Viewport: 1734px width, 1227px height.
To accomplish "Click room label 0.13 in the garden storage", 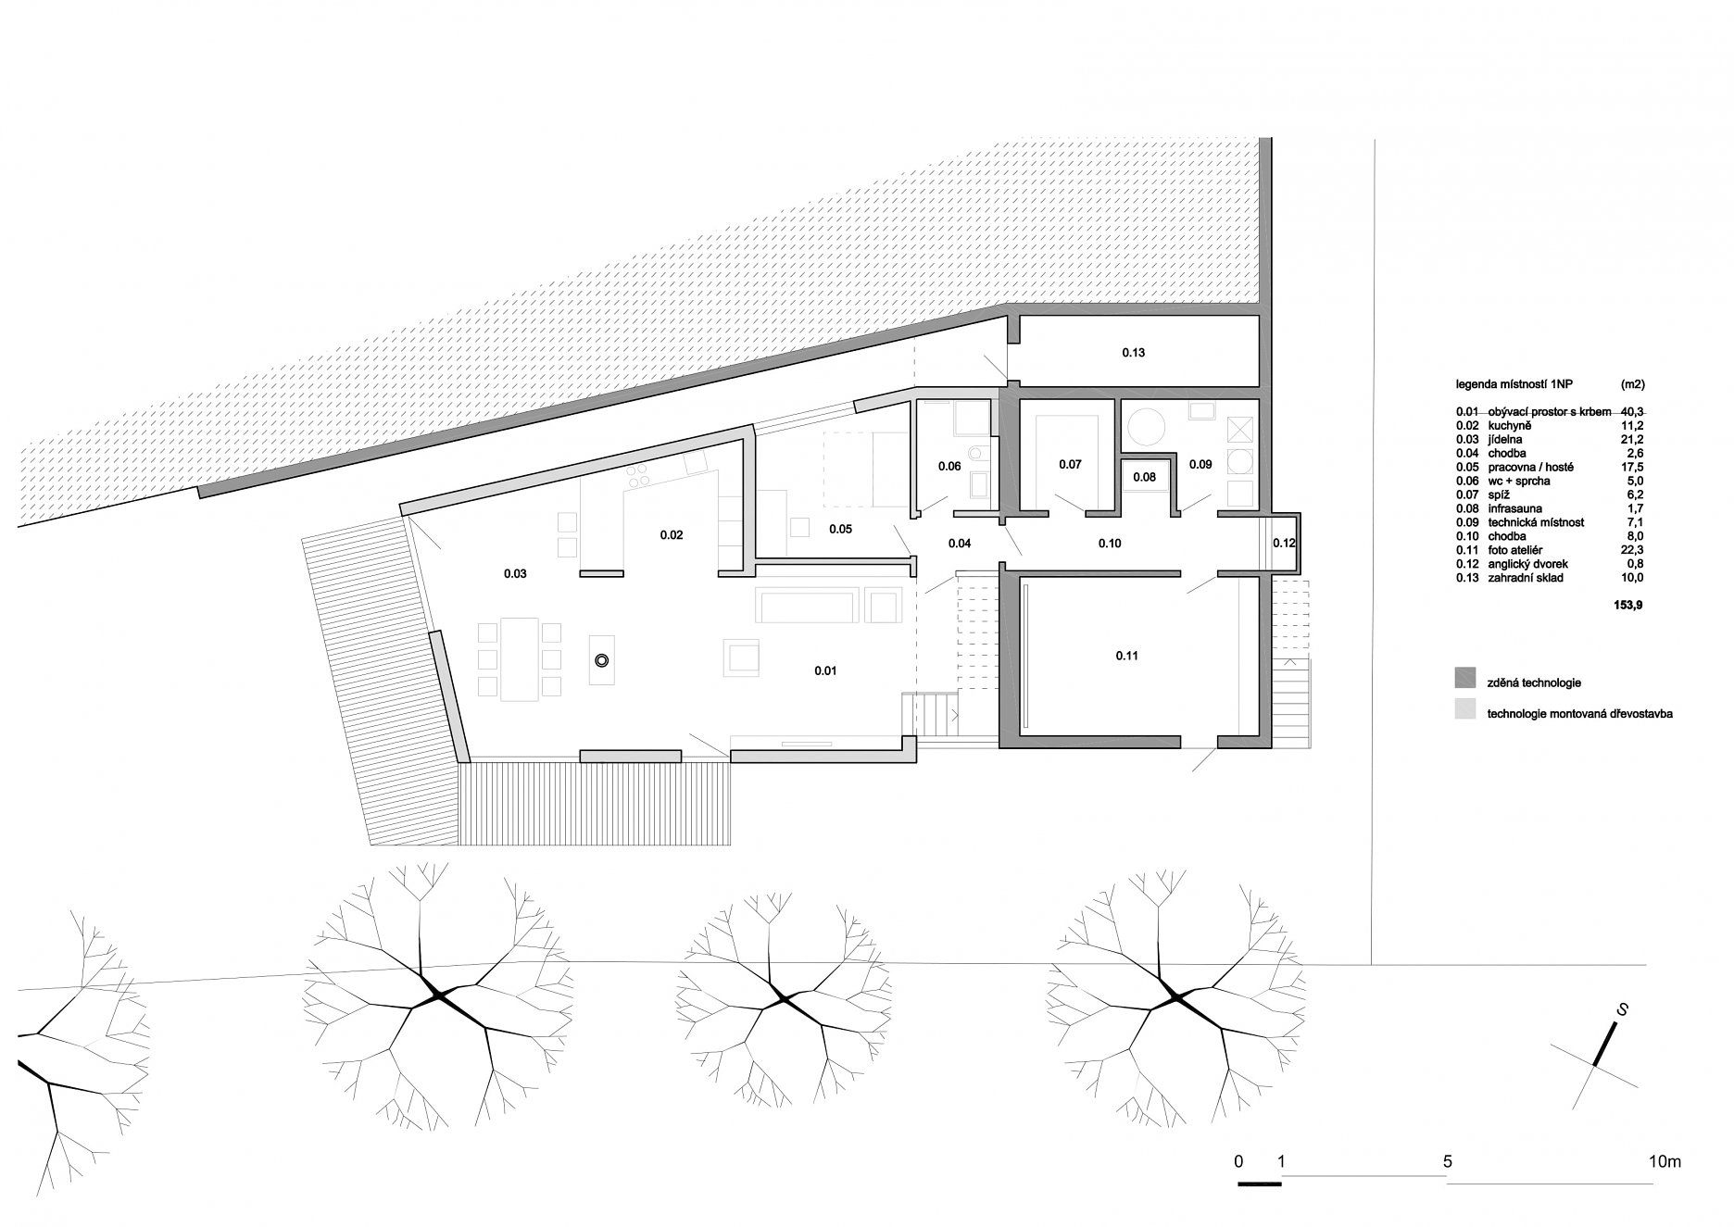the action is [1134, 353].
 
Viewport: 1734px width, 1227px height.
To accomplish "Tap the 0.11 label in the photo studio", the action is [1126, 656].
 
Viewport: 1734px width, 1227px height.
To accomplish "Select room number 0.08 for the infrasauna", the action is [1144, 477].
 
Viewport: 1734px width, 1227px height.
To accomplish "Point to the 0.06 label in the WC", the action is [949, 466].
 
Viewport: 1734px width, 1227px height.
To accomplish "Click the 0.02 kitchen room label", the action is [672, 534].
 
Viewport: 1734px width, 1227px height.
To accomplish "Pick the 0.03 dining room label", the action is [515, 574].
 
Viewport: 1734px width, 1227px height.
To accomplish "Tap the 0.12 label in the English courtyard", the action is [1284, 543].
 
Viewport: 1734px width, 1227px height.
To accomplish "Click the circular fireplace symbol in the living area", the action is [602, 660].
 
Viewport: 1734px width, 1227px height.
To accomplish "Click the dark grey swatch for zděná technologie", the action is [1464, 678].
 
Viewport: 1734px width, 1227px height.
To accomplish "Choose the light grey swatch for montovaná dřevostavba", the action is [1464, 709].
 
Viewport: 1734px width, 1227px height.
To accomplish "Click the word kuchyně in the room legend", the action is [1507, 452].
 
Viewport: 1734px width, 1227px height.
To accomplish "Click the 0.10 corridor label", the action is [1110, 544].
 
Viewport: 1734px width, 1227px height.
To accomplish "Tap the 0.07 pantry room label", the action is [1070, 465].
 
